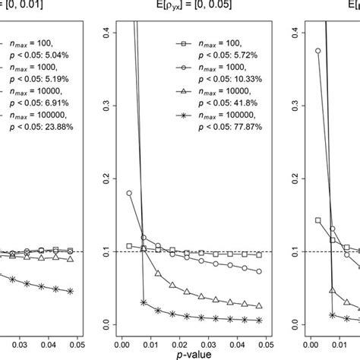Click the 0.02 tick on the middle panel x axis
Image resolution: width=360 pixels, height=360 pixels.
point(178,334)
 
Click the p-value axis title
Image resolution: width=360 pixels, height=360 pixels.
point(194,352)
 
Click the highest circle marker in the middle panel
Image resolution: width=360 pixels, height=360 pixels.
point(129,193)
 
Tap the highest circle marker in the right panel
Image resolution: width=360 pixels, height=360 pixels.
point(317,51)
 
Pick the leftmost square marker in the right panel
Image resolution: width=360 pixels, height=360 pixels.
point(317,220)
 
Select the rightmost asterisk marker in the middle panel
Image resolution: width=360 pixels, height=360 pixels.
point(258,321)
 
